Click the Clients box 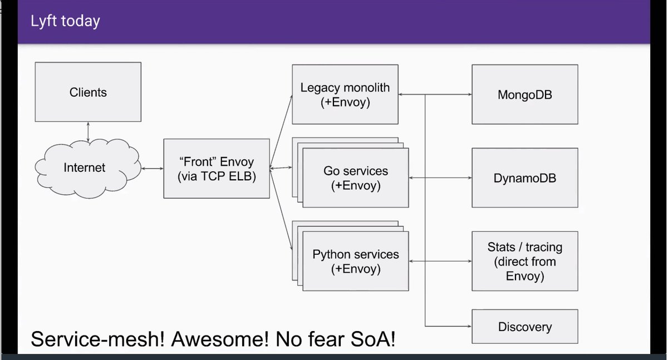88,92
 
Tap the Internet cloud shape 85,167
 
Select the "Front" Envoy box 216,169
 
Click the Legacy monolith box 345,95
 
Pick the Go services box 356,178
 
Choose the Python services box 356,262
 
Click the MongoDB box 524,95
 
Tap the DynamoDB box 524,178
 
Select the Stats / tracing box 524,261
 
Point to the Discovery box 524,327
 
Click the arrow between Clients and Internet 88,132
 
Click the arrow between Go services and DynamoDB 440,178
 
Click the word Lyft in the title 43,21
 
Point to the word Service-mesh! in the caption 98,339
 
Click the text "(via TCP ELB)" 216,177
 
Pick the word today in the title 81,21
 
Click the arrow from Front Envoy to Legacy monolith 281,131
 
